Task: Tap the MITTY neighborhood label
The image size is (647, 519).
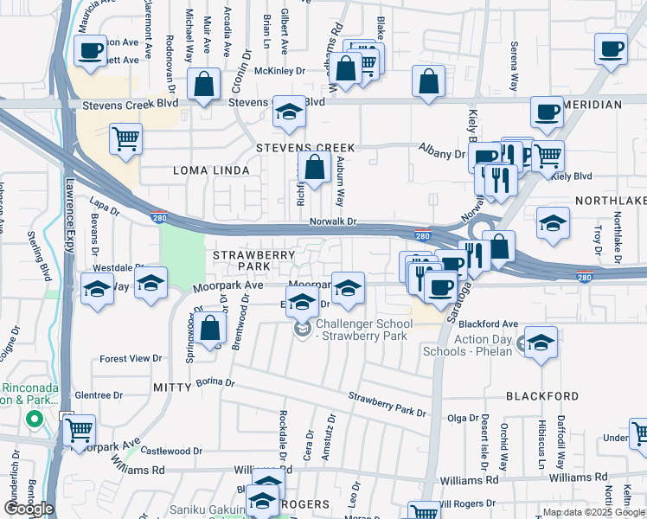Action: click(171, 386)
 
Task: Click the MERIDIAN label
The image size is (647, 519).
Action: click(592, 105)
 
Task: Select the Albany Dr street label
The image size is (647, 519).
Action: click(442, 153)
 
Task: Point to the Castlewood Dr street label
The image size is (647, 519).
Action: click(171, 451)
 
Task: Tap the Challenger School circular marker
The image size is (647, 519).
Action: click(302, 330)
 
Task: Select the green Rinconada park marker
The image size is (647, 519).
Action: click(35, 420)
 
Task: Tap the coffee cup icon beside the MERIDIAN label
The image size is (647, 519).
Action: click(547, 112)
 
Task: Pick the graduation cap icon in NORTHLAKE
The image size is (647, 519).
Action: click(553, 224)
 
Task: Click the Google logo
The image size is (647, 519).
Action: click(29, 509)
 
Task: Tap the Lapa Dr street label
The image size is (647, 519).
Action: click(103, 208)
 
